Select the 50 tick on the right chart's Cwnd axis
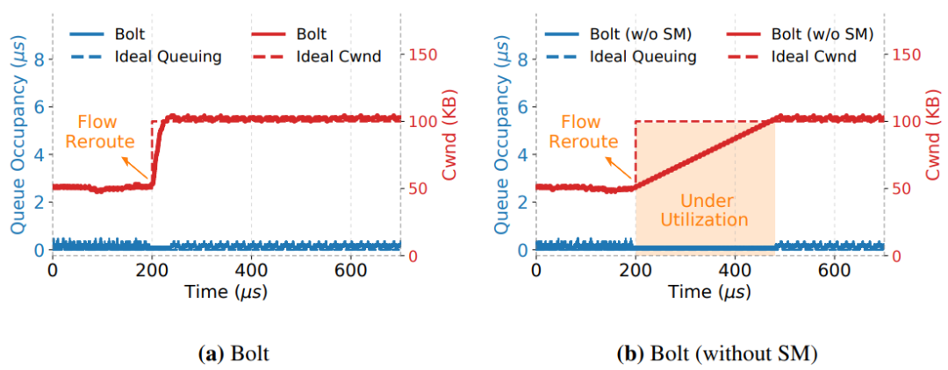904,189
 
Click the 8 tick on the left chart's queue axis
37,60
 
